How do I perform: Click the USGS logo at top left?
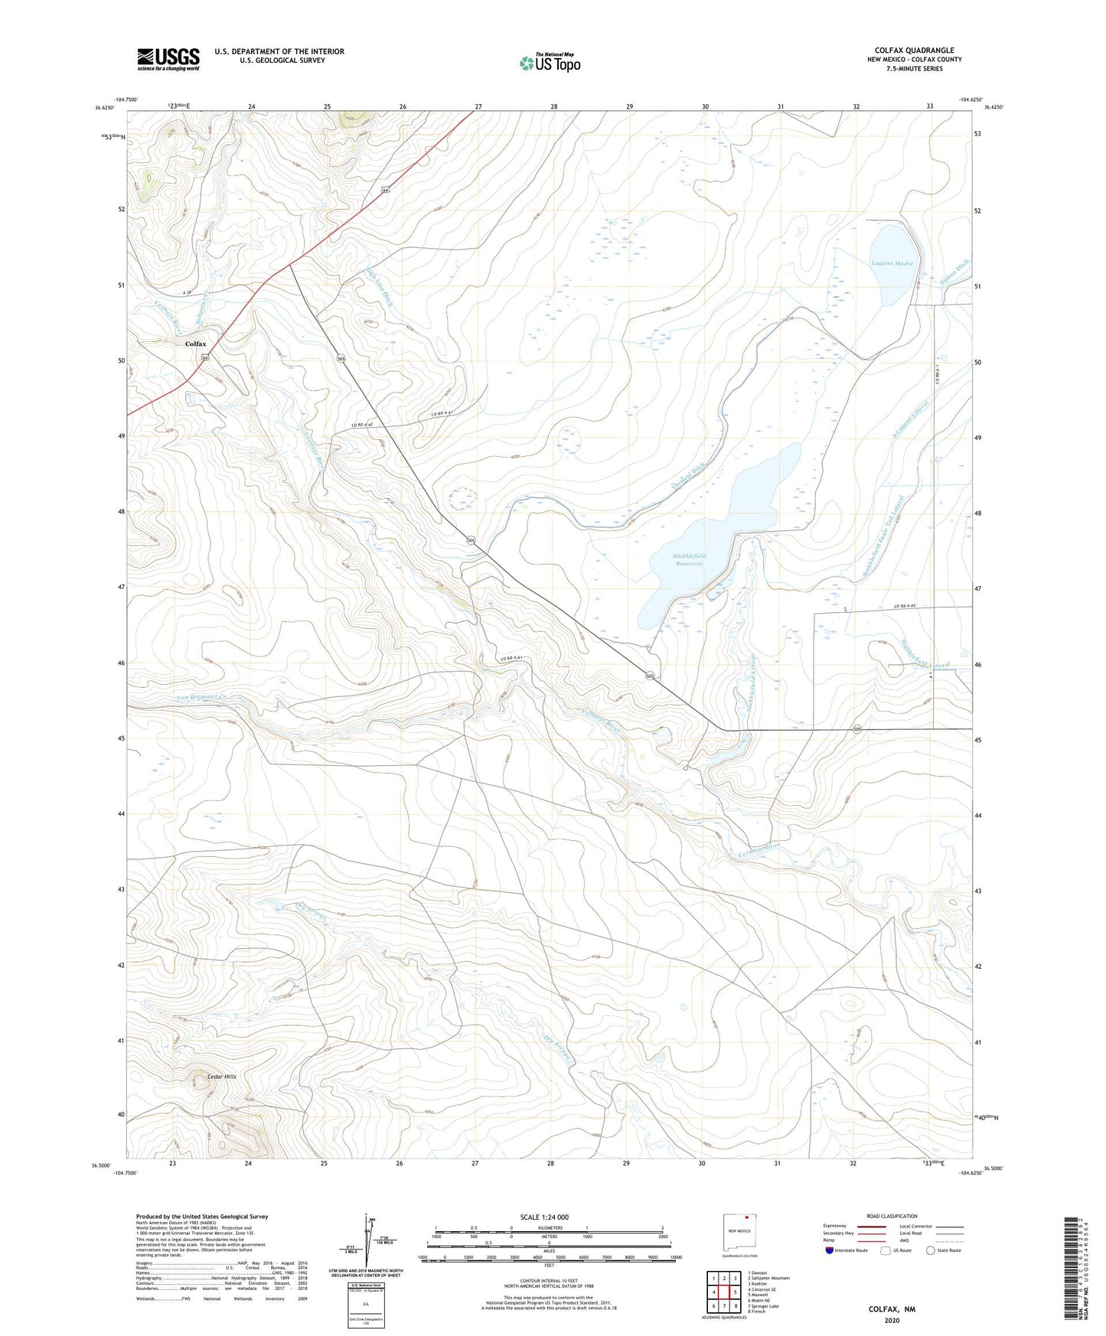coord(168,59)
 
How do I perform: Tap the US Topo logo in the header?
coord(550,62)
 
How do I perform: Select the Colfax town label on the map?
coord(196,344)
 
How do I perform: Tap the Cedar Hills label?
coord(220,1076)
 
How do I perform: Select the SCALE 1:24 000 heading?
coord(544,1217)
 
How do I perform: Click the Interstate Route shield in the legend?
coord(830,1250)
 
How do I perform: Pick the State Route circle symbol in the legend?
coord(931,1250)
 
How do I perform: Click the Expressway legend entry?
coord(836,1226)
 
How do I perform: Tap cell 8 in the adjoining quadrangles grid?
coord(735,1306)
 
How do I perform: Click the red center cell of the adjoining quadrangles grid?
coord(724,1292)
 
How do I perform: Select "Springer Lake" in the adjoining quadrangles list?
coord(763,1305)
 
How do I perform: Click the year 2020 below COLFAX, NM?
coord(892,1320)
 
